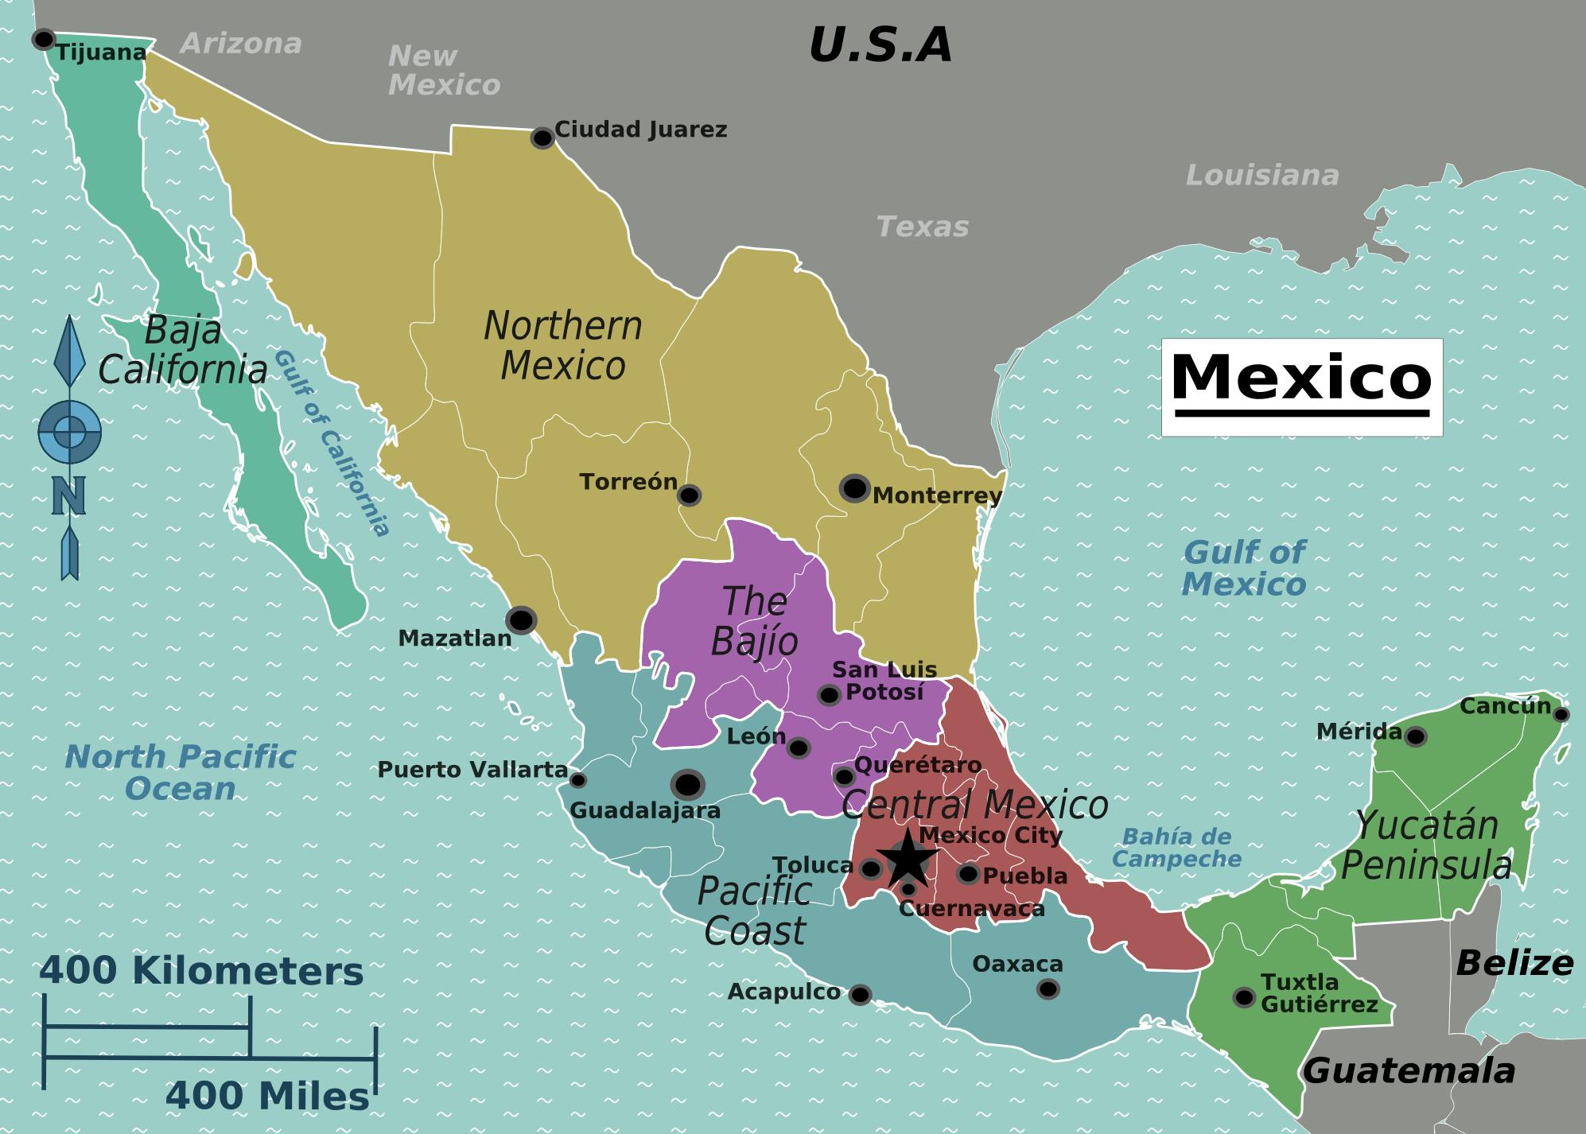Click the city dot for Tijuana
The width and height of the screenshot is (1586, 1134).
(43, 39)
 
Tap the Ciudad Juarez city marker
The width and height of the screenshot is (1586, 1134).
(542, 138)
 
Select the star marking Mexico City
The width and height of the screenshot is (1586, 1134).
(907, 860)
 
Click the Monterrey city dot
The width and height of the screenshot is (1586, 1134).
(854, 488)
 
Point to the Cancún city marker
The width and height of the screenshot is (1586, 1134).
(1561, 714)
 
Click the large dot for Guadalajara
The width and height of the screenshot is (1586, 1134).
(687, 785)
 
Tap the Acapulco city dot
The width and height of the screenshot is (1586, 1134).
(860, 994)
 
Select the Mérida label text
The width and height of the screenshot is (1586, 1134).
(1359, 731)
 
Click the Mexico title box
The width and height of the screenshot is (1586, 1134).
(1301, 386)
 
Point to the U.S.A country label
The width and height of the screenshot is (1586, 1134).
(880, 45)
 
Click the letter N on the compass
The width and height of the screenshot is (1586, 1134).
(69, 496)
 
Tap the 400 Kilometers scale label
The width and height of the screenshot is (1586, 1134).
(201, 971)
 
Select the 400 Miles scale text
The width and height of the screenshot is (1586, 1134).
(267, 1097)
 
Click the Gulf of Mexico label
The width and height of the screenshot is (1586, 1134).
(1244, 568)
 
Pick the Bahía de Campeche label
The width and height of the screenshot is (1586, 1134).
(1176, 847)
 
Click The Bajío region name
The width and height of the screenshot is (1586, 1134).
(754, 621)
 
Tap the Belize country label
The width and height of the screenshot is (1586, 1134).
(1514, 963)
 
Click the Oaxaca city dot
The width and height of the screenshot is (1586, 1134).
(1048, 988)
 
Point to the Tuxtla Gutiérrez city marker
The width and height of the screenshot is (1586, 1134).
(1244, 996)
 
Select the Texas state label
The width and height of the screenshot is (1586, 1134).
(923, 227)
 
